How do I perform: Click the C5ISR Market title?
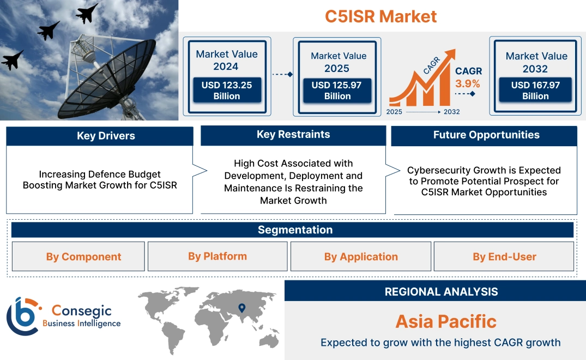click(380, 16)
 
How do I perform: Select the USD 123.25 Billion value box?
click(226, 91)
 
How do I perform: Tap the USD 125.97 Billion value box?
click(337, 91)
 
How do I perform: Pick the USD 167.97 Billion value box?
click(535, 91)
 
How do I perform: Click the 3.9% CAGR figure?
click(468, 83)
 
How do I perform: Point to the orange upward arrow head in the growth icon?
click(450, 55)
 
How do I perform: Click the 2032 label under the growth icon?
click(451, 112)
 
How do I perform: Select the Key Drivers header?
click(100, 136)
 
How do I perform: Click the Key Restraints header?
click(293, 135)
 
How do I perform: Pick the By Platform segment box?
click(218, 256)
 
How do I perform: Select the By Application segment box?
click(361, 256)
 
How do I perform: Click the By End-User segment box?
click(504, 256)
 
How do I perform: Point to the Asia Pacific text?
click(445, 321)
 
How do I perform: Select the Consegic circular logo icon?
click(22, 316)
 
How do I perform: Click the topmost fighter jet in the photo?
click(87, 13)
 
